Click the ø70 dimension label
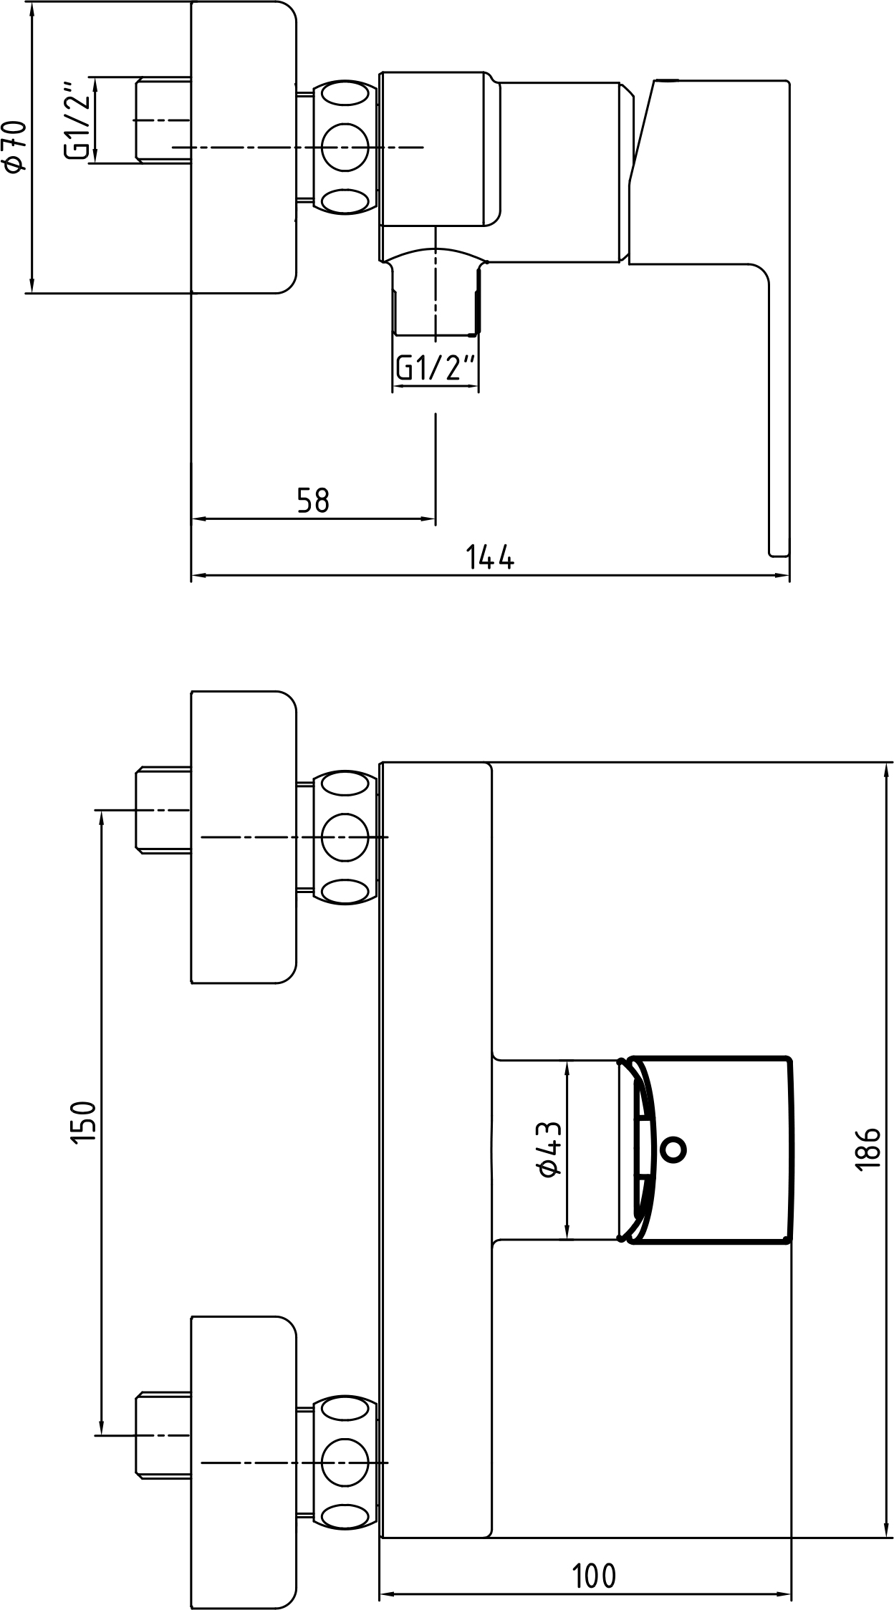click(x=15, y=145)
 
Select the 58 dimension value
click(x=313, y=501)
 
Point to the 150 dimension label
click(x=84, y=1122)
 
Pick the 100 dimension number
click(x=594, y=1576)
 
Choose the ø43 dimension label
click(x=548, y=1149)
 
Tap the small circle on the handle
click(x=673, y=1149)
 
